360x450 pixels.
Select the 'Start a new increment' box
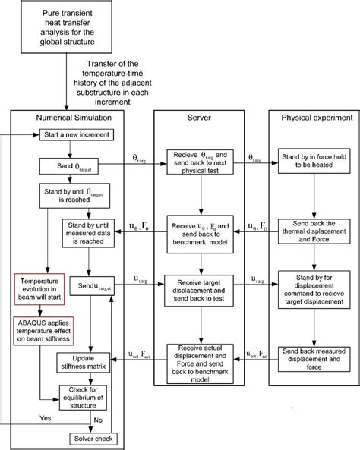[74, 135]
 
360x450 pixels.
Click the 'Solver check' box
[94, 439]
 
